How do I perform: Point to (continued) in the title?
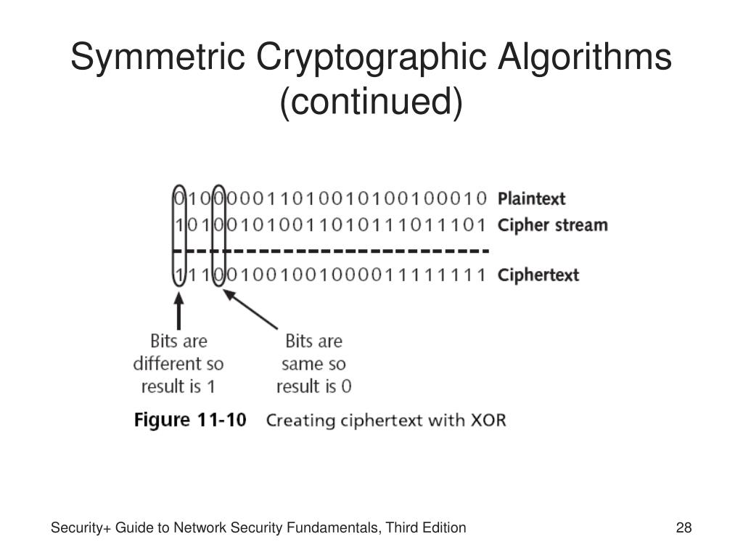[x=371, y=102]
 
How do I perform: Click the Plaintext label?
[x=531, y=198]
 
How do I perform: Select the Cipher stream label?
[x=552, y=225]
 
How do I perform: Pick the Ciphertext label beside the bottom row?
[x=538, y=275]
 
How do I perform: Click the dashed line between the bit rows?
[x=330, y=251]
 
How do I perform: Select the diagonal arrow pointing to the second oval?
[x=250, y=310]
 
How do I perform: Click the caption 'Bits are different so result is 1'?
[x=178, y=363]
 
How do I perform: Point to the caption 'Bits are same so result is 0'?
[x=313, y=363]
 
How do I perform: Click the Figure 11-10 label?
[x=190, y=420]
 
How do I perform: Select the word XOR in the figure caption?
[x=489, y=421]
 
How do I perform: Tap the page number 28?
[x=684, y=528]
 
